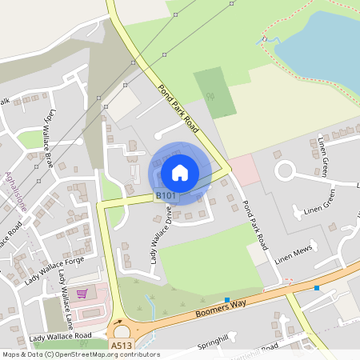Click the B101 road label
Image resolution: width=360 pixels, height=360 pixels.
(166, 195)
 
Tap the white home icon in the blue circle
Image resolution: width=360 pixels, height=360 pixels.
(180, 172)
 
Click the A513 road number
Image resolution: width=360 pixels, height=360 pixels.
(122, 346)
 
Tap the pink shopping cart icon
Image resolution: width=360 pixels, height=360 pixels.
(81, 294)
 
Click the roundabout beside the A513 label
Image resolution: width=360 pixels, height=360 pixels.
(121, 331)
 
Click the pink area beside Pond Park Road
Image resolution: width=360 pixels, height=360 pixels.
(244, 170)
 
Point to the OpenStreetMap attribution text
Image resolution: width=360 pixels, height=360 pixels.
(80, 354)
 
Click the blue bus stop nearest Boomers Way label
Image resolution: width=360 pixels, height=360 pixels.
(227, 300)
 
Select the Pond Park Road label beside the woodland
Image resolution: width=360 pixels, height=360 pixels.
(178, 107)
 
